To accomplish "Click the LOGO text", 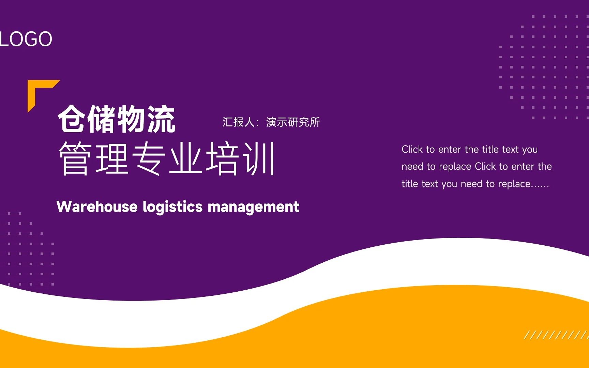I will click(x=26, y=39).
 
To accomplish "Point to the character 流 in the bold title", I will click(x=161, y=119).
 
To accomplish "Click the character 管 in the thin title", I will click(x=75, y=159).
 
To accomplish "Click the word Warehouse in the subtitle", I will click(x=97, y=207).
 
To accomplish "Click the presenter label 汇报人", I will click(x=238, y=122).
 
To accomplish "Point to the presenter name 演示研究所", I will click(x=293, y=122).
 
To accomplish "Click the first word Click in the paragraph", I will click(x=412, y=149).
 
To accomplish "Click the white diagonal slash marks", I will click(x=556, y=335).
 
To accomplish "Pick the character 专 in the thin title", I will click(x=149, y=159).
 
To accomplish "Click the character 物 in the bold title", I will click(x=132, y=119).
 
